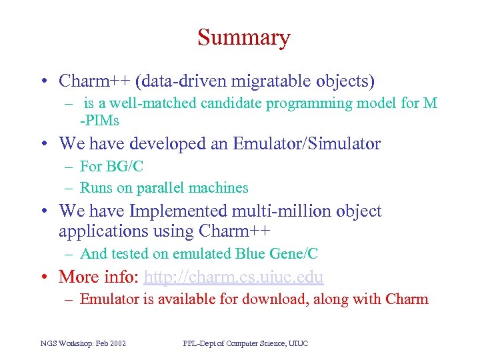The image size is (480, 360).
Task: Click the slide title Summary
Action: coord(243,37)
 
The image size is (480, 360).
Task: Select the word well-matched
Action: coord(134,103)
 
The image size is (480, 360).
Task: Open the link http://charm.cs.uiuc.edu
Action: coord(233,277)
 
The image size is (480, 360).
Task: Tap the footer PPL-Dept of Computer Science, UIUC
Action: coord(245,343)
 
